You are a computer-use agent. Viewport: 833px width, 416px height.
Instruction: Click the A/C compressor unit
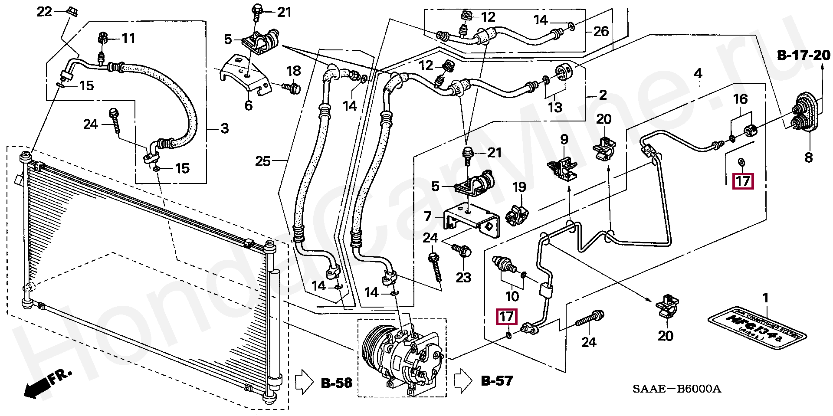401,358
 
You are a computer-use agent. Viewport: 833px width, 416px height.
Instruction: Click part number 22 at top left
44,11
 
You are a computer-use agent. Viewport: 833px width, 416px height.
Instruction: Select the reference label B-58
336,383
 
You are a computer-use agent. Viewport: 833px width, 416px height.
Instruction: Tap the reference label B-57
497,381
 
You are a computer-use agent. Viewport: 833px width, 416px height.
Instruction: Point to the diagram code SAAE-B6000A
676,389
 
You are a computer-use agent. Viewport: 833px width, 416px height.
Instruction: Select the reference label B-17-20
803,55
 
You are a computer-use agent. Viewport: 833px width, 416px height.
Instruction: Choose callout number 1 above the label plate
766,298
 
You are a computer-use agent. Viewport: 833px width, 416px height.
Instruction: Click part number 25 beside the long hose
263,161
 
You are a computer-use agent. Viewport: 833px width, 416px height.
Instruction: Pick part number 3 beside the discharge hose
224,128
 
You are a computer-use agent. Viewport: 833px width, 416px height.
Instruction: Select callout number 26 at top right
601,31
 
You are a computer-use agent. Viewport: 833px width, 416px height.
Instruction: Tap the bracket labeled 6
245,76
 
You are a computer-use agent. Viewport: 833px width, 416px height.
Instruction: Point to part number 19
519,187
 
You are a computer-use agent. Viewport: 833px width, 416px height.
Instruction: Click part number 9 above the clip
564,139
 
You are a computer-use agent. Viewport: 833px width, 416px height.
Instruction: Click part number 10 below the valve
512,296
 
